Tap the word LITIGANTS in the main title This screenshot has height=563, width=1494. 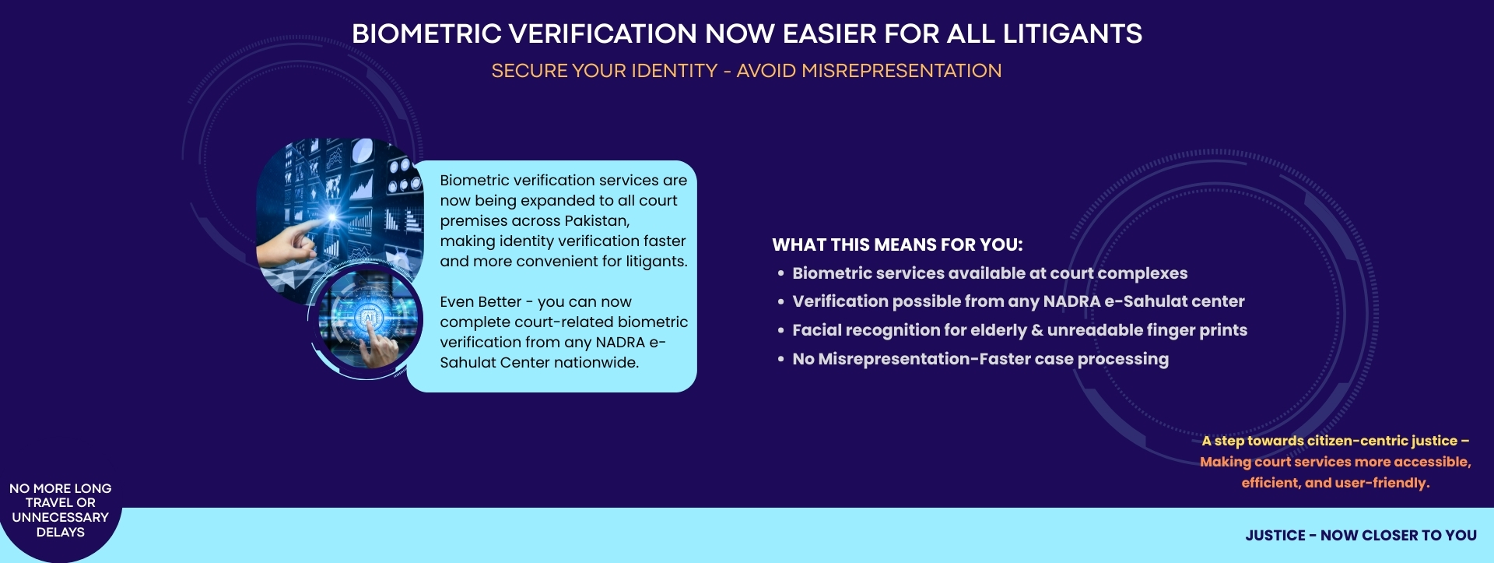point(1072,34)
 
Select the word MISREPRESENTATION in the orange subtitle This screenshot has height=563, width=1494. point(901,71)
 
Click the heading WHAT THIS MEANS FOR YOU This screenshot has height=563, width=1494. point(897,245)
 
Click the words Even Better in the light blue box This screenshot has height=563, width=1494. point(480,301)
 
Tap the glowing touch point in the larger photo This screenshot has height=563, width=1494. point(333,216)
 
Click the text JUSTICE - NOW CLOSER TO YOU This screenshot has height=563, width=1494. point(1361,535)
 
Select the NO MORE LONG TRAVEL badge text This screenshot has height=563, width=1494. point(61,510)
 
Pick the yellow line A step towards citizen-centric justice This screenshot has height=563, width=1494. point(1335,441)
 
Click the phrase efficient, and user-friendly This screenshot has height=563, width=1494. point(1335,483)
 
